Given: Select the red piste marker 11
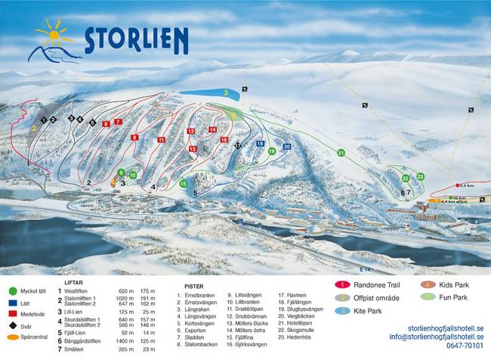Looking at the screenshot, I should pos(161,140).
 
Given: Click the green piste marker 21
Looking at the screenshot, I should pos(341,153).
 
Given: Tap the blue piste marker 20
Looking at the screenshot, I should pos(286,146).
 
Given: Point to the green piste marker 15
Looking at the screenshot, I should pos(183,184).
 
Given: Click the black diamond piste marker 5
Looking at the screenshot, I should pos(93,122).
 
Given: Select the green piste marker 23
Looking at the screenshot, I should pos(420,177).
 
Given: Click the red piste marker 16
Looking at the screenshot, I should pos(224,140).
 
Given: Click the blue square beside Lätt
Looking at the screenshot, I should pos(13,301).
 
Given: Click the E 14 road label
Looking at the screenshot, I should pos(366,269).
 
